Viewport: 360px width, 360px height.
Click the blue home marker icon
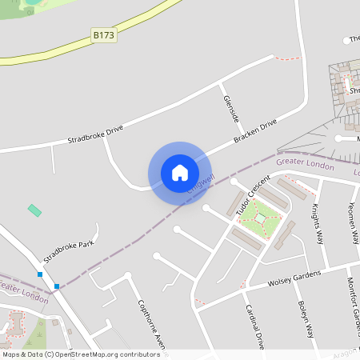pyautogui.click(x=180, y=172)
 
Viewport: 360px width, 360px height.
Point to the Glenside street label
pyautogui.click(x=230, y=107)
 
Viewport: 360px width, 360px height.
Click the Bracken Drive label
pyautogui.click(x=255, y=131)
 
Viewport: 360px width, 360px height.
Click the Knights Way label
pyautogui.click(x=317, y=223)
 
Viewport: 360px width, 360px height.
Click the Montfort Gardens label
pyautogui.click(x=352, y=304)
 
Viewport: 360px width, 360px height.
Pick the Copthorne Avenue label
pyautogui.click(x=150, y=324)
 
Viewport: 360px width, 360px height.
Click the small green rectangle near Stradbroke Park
pyautogui.click(x=34, y=210)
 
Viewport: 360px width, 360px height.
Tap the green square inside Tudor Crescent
pyautogui.click(x=260, y=216)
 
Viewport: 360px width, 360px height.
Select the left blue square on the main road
pyautogui.click(x=40, y=274)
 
